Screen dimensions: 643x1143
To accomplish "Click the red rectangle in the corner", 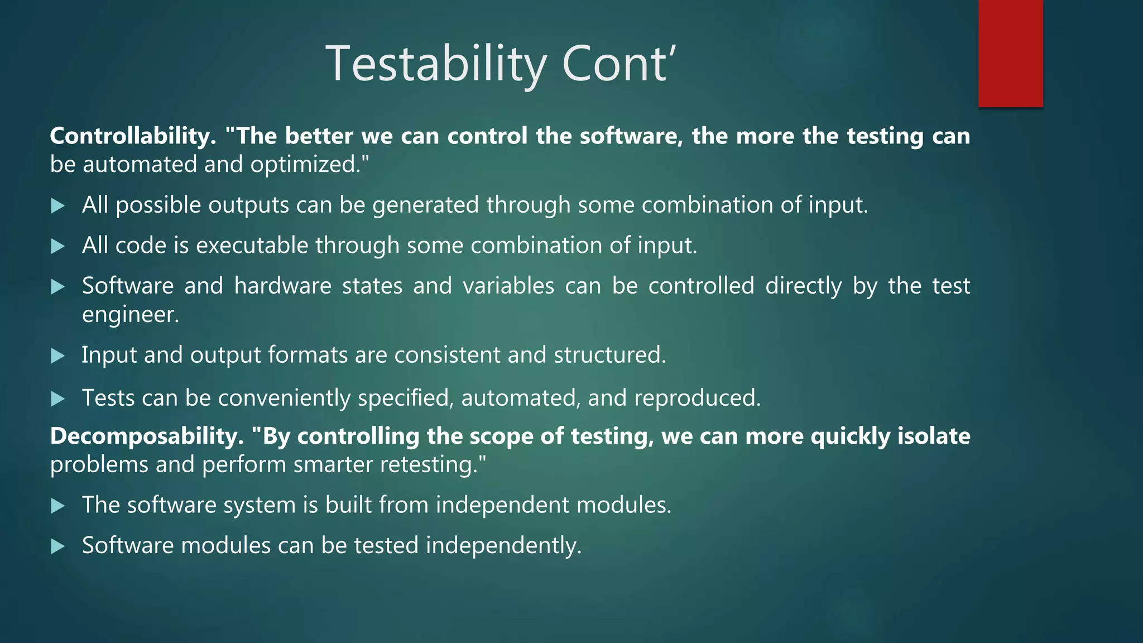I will click(1010, 53).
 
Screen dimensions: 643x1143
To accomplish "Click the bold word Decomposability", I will click(147, 436).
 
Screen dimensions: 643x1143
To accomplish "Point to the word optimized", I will click(309, 165).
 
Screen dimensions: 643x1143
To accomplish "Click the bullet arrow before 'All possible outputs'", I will click(57, 206).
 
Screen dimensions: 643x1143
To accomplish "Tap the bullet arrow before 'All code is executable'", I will click(57, 246).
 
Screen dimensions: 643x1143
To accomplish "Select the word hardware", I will click(282, 286).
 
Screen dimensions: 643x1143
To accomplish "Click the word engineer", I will click(130, 315).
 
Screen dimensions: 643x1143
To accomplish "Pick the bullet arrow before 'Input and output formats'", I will click(57, 356).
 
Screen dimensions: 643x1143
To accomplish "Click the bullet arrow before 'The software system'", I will click(57, 506).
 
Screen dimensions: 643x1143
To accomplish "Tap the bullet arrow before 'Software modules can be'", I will click(57, 546).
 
